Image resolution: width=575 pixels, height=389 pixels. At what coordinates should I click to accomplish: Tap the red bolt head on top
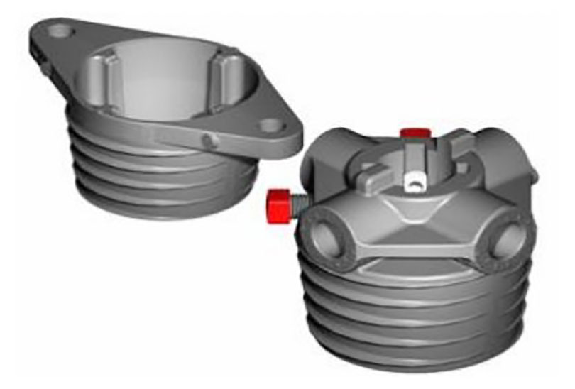(413, 133)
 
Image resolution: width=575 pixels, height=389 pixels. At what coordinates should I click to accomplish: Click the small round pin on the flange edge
(207, 141)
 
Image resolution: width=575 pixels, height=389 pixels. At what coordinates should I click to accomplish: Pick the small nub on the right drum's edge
(532, 170)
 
